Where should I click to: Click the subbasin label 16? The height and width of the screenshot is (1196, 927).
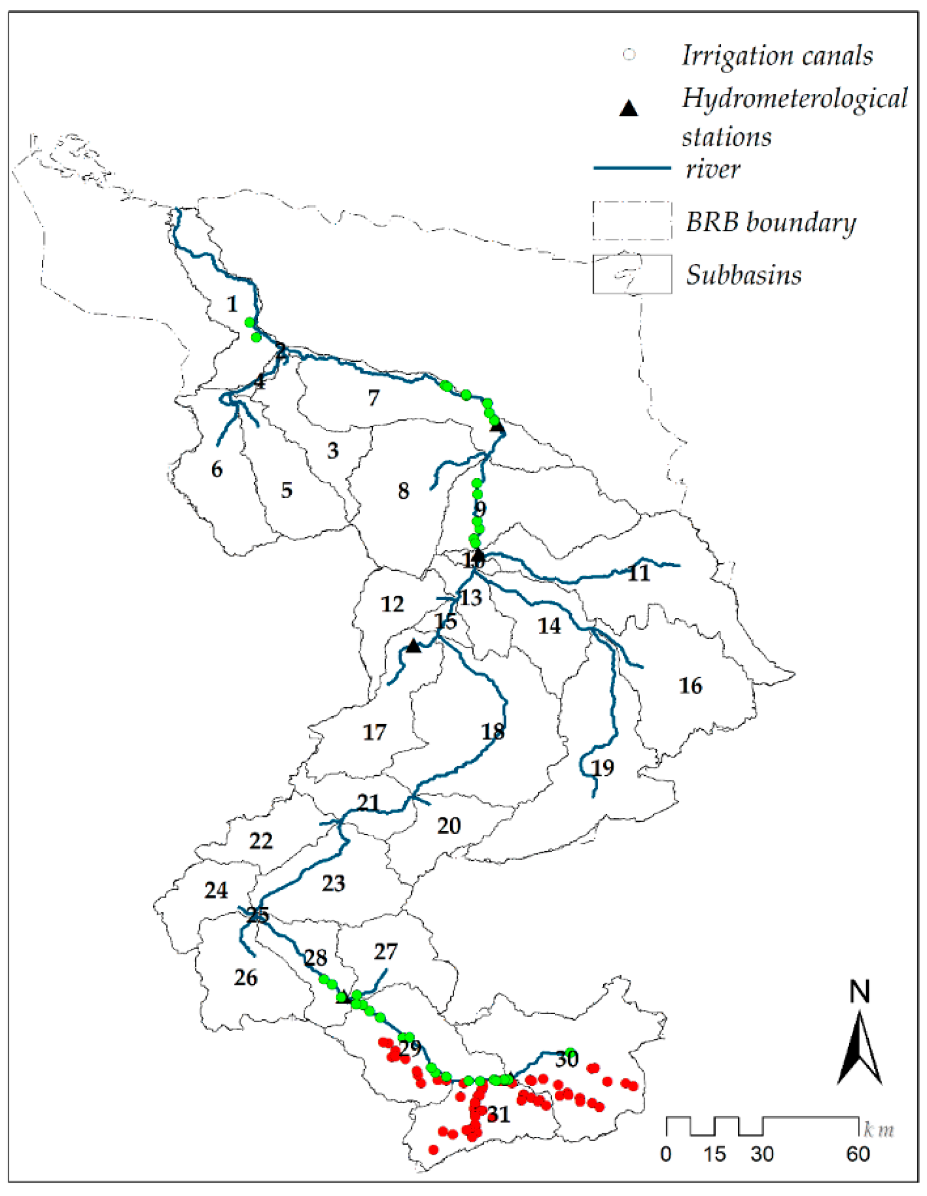pos(690,686)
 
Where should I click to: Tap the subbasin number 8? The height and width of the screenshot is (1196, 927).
pos(403,491)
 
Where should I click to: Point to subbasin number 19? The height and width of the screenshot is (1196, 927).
pos(603,768)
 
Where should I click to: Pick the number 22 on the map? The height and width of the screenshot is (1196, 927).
pos(261,840)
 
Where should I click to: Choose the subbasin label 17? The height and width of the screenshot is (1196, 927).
pos(375,732)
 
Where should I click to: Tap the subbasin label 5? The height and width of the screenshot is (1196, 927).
pos(287,490)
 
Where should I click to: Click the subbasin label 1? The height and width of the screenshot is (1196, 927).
pos(233,304)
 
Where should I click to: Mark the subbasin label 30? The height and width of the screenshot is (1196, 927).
pos(567,1059)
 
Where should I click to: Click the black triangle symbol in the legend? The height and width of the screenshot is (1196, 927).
pos(629,108)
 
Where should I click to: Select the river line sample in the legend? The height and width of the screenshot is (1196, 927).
pos(632,168)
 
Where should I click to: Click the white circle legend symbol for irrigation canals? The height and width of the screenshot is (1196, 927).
pos(630,55)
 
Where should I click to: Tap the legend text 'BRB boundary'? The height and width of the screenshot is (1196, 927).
pos(771,222)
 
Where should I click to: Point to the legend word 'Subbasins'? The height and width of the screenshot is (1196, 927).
pos(743,274)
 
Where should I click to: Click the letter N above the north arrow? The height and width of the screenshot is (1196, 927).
pos(859,992)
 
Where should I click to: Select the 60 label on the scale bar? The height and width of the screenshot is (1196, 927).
pos(858,1154)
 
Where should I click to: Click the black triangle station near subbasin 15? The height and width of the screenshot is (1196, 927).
pos(413,646)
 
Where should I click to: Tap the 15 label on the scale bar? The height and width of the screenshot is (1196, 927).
pos(715,1154)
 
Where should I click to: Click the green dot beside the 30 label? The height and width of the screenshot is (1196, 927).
pos(570,1052)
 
